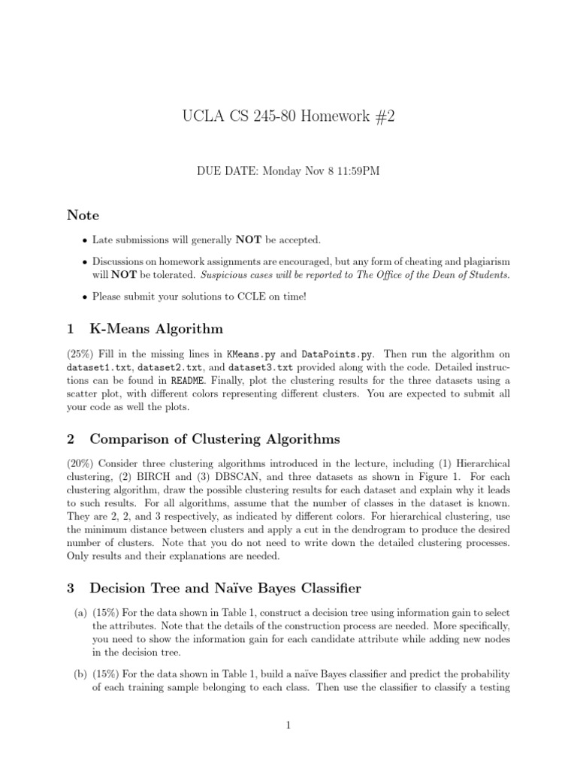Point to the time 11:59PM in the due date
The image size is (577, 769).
[353, 171]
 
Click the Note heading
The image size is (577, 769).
[83, 216]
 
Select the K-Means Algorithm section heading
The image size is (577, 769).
[156, 328]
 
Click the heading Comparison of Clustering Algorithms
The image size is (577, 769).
[214, 439]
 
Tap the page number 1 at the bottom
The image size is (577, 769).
[288, 725]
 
